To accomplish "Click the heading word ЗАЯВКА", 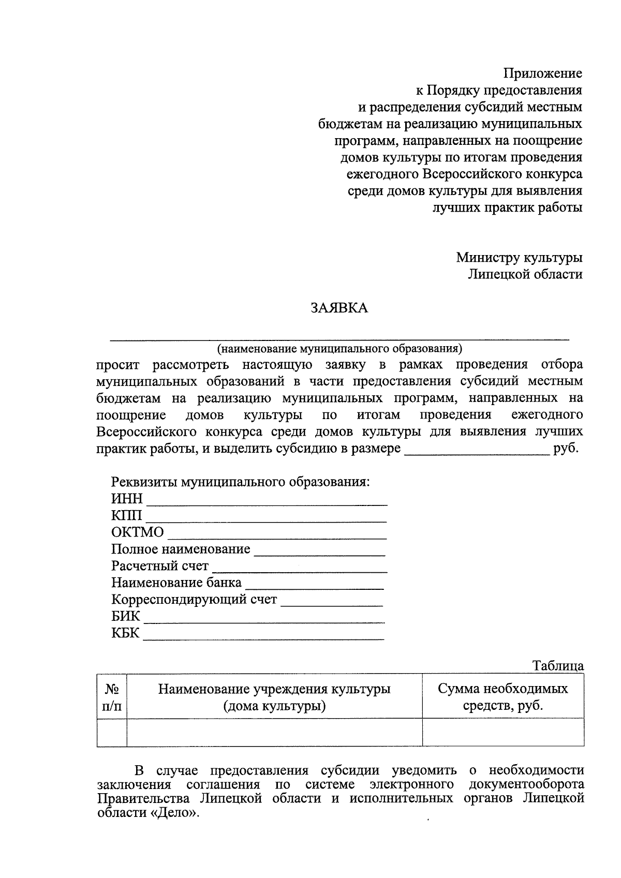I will [339, 308].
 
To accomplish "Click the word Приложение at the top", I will [543, 73].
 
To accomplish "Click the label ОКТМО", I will [137, 532].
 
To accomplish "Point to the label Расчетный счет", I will [160, 566].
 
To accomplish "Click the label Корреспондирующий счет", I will [194, 600].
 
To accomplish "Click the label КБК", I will [125, 633].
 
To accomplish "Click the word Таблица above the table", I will [558, 666].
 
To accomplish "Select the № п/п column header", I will [112, 697].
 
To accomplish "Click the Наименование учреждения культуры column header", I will [274, 697].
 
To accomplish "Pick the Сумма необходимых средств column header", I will [503, 697].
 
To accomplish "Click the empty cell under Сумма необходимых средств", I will [503, 733].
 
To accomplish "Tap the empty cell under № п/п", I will [112, 733].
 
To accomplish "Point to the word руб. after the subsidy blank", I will [566, 449].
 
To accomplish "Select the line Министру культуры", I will [519, 257].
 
